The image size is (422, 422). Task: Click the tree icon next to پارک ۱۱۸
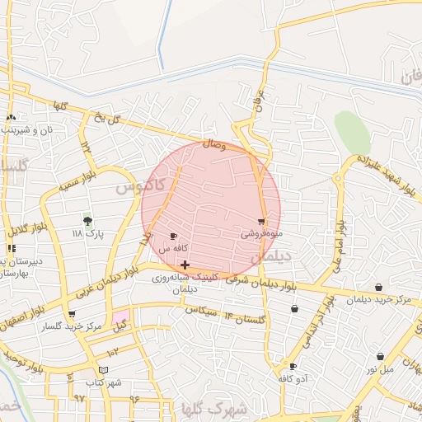[87, 220]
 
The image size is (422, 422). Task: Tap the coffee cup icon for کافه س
[173, 237]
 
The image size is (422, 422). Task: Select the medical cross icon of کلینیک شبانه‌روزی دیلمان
[185, 265]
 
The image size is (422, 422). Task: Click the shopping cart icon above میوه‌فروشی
[262, 222]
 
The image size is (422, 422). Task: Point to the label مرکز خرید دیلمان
[378, 300]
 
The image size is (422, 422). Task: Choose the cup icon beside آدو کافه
[293, 366]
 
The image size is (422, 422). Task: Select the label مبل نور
[380, 368]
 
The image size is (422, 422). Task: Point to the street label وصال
[213, 143]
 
